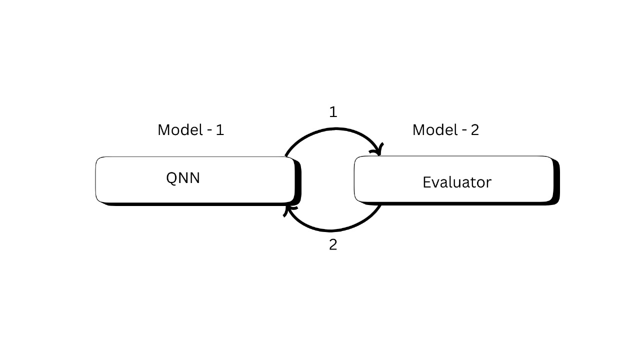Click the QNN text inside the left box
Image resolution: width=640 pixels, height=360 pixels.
tap(183, 178)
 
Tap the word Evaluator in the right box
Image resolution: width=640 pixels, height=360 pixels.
tap(456, 182)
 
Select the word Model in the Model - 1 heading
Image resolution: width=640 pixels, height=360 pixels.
tap(178, 130)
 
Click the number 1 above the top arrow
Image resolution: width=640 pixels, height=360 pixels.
tap(333, 112)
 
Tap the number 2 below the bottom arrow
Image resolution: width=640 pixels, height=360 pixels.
tap(333, 245)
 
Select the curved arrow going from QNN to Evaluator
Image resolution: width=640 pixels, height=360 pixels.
tap(332, 129)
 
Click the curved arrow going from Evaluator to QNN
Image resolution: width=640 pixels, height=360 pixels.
tap(332, 230)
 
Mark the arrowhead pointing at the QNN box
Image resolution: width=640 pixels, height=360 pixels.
tap(288, 209)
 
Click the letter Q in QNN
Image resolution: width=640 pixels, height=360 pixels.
tap(171, 178)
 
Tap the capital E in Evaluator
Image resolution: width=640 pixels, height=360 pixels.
tap(426, 182)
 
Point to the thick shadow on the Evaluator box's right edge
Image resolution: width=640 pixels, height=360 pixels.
tap(556, 182)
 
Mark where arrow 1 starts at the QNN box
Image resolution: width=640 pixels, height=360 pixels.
tap(286, 156)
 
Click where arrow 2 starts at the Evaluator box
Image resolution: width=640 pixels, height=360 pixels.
tap(381, 205)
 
